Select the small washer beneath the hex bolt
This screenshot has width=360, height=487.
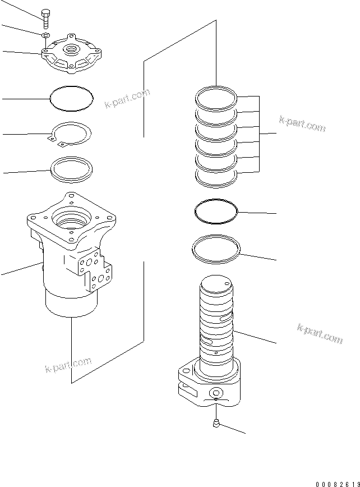coord(45,36)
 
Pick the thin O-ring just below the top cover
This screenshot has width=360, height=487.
coord(71,99)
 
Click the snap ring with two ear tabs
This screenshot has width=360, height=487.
coord(71,135)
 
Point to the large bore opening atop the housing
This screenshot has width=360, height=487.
coord(72,217)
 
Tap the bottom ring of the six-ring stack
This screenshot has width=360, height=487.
coord(216,177)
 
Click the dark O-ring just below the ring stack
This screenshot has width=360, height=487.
coord(216,212)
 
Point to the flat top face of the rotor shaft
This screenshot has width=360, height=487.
coord(216,284)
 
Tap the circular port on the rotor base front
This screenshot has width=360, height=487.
coord(216,392)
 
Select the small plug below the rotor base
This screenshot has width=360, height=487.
coord(216,425)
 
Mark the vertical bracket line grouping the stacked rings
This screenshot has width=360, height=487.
coord(259,134)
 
